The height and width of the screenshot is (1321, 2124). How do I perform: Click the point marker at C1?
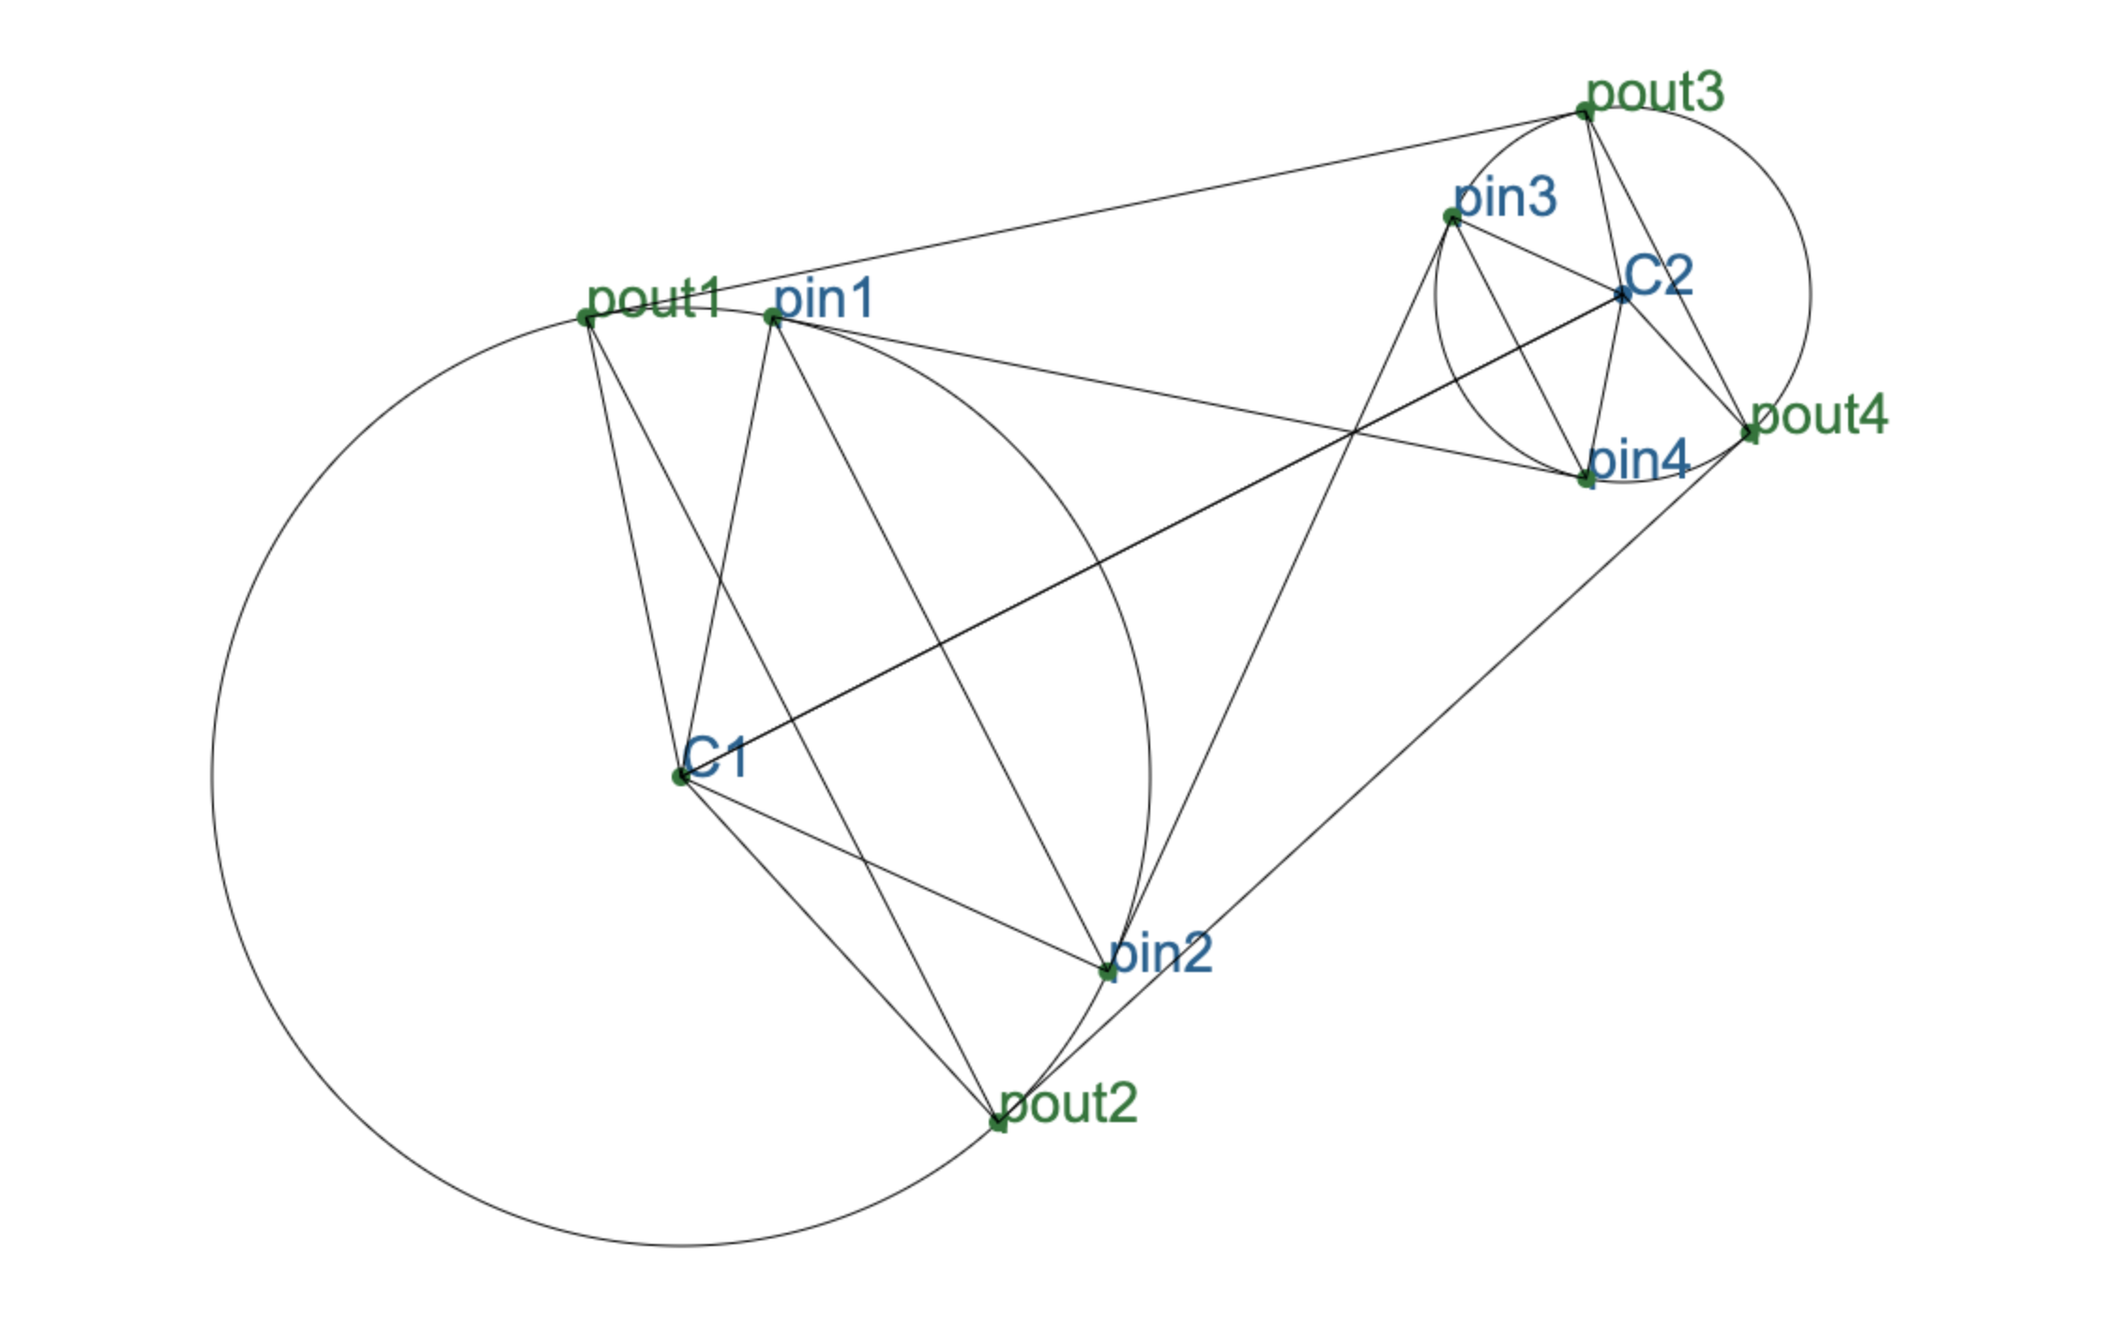(x=681, y=777)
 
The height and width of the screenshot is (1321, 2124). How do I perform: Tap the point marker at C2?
(x=1623, y=295)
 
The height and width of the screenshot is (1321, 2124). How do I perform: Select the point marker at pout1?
(x=586, y=319)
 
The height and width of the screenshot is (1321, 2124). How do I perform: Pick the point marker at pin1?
(x=773, y=318)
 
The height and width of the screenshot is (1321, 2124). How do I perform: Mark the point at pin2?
(x=1108, y=972)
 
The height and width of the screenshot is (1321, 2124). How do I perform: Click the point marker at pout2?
(x=998, y=1121)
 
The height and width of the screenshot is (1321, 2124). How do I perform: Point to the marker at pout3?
(x=1585, y=113)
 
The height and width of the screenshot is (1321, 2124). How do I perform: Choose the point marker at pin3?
(x=1452, y=218)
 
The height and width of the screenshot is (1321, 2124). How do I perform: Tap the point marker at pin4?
(x=1585, y=478)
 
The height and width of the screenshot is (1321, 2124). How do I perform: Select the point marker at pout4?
(x=1749, y=433)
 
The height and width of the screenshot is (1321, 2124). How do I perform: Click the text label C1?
(x=716, y=757)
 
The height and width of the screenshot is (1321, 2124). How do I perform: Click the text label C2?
(x=1659, y=276)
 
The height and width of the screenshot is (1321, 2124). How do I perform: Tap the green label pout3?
(x=1655, y=93)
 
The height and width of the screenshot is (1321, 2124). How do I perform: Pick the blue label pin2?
(x=1161, y=953)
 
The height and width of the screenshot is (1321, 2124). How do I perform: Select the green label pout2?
(x=1069, y=1103)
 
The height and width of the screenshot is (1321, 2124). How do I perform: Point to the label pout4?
(x=1819, y=415)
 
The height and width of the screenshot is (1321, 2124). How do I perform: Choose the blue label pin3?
(x=1505, y=198)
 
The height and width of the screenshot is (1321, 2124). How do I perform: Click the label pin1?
(x=824, y=299)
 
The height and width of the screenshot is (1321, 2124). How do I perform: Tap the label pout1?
(x=654, y=298)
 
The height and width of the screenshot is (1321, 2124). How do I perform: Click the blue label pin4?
(x=1638, y=461)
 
